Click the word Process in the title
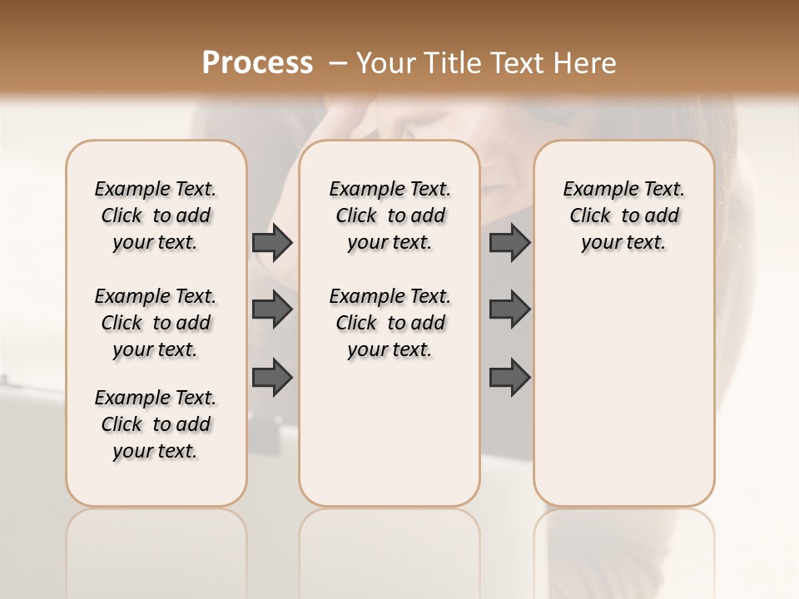click(257, 62)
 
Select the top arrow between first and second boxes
click(272, 242)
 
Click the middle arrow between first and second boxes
click(272, 309)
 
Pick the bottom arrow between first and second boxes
click(272, 377)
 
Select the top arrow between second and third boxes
click(509, 242)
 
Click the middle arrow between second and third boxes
click(509, 309)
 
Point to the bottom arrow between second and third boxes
click(509, 377)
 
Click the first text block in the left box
click(156, 215)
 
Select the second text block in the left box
click(156, 323)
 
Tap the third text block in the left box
click(156, 424)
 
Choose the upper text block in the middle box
click(390, 215)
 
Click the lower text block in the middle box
click(390, 323)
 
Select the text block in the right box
click(624, 215)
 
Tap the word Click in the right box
click(590, 216)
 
